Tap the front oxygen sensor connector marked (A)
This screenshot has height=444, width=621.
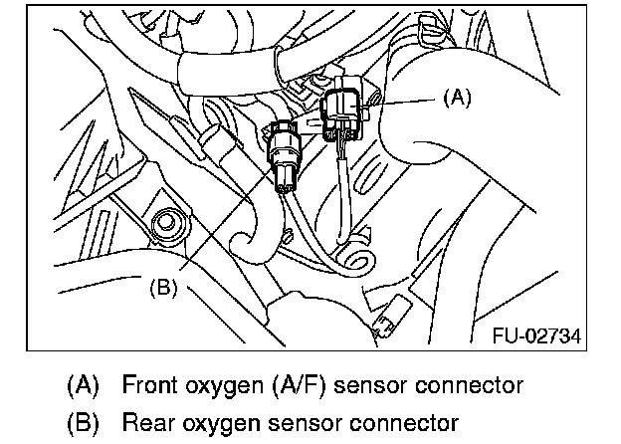point(345,113)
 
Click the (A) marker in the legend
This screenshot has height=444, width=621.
point(85,384)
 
